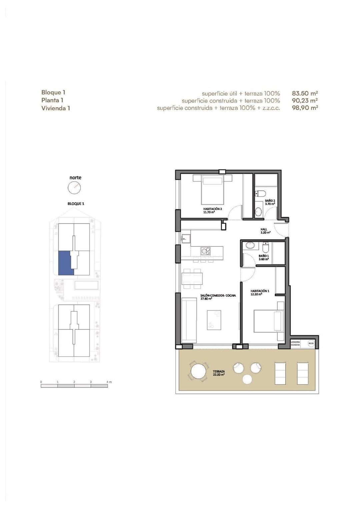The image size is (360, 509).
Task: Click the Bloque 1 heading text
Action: [x=53, y=92]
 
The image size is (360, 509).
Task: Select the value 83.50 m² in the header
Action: [x=305, y=93]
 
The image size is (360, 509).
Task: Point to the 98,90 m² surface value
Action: [x=305, y=108]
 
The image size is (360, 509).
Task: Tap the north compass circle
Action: [x=74, y=188]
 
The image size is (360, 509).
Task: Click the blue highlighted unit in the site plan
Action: [x=65, y=263]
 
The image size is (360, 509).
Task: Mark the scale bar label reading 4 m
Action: [x=109, y=382]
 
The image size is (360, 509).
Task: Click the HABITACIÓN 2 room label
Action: [x=212, y=210]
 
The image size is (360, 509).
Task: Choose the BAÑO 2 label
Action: [x=270, y=202]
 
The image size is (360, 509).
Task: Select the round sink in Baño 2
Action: [x=259, y=211]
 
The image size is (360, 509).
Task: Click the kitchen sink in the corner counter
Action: [x=186, y=238]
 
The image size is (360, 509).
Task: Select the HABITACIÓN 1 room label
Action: [x=260, y=292]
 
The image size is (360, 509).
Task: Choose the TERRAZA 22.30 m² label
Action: [x=219, y=373]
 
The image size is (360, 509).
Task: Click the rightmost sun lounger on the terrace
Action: [x=303, y=373]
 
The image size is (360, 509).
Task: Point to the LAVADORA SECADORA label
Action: [x=295, y=343]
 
